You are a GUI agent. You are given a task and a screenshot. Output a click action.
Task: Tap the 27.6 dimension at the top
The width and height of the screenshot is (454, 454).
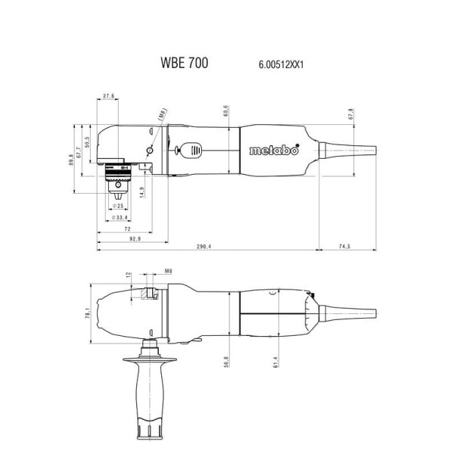point(107,97)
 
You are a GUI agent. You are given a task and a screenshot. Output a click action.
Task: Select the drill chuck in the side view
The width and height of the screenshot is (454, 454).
point(119,182)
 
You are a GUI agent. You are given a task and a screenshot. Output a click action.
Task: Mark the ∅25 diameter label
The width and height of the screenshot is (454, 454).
point(118,205)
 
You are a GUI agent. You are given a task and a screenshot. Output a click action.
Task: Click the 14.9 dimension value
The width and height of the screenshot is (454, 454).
point(141,193)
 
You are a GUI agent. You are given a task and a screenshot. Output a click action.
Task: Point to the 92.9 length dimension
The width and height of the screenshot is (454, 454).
point(113,239)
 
